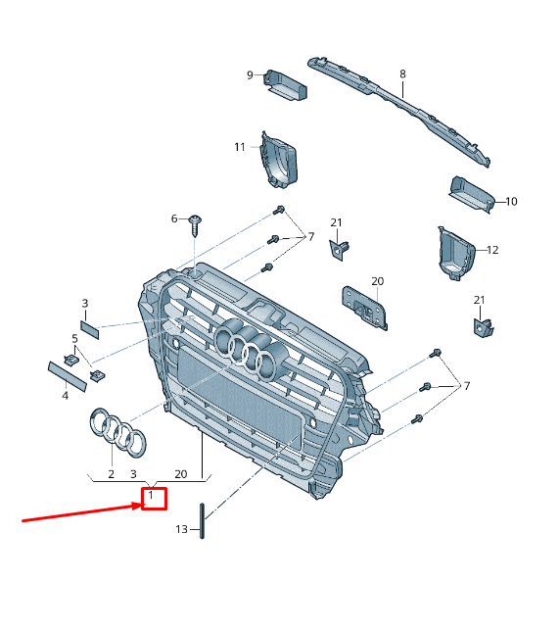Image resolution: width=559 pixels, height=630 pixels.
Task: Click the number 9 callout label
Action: [250, 75]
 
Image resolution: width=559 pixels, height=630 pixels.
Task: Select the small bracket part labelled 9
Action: [285, 85]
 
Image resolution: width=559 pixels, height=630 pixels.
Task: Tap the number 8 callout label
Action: [402, 73]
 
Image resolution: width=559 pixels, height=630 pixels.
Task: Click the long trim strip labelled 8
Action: [399, 111]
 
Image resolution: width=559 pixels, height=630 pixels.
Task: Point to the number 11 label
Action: [240, 147]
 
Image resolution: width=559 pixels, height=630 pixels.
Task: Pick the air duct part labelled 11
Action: [279, 160]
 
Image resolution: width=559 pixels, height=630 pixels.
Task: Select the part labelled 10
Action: [472, 194]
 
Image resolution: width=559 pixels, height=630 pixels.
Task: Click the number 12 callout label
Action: [492, 250]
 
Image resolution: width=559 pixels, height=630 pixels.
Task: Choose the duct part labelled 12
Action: [456, 253]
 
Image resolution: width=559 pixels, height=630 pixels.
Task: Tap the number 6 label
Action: [174, 218]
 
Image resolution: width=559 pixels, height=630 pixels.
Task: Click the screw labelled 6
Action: [195, 225]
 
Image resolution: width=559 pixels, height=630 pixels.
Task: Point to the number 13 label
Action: [181, 529]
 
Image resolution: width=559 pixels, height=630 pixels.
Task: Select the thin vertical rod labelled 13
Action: [202, 520]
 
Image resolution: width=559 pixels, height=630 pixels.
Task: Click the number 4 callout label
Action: [65, 396]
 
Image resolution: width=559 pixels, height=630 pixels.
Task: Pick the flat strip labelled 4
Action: [68, 376]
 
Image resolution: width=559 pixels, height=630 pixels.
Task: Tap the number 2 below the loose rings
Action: [112, 474]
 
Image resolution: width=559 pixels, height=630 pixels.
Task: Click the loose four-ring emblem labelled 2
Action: [117, 432]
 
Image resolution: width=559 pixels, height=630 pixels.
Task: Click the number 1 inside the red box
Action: [151, 495]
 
